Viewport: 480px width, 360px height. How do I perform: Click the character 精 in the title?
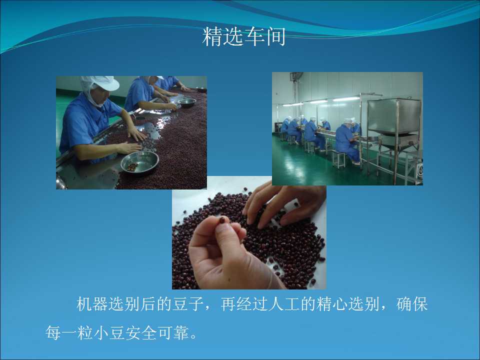(x=212, y=36)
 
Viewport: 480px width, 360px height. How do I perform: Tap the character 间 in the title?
(x=275, y=36)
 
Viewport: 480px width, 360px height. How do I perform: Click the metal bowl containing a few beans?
(x=139, y=161)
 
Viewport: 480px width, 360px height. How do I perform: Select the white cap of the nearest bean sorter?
(x=100, y=83)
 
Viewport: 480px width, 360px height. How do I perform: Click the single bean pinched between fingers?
(x=222, y=220)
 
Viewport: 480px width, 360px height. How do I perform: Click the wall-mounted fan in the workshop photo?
(x=296, y=76)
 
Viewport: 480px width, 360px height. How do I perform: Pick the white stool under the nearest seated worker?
(x=338, y=159)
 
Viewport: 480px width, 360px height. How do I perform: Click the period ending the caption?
(x=194, y=336)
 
